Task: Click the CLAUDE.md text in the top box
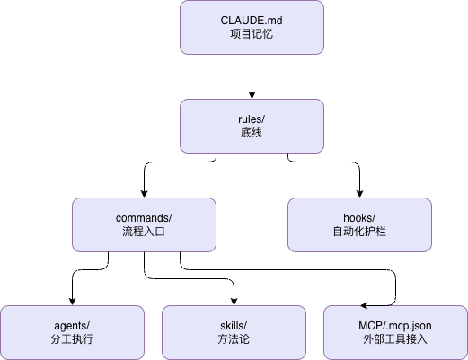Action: (252, 20)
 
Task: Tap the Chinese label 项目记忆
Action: (252, 34)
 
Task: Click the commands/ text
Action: (144, 217)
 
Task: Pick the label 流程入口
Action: (144, 232)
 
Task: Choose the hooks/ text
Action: (359, 217)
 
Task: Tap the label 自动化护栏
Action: (359, 232)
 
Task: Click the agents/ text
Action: (72, 325)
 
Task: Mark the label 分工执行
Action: (72, 339)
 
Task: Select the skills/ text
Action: (234, 325)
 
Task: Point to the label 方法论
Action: (234, 339)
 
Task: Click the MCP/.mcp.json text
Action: (395, 325)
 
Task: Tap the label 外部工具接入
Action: (395, 339)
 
